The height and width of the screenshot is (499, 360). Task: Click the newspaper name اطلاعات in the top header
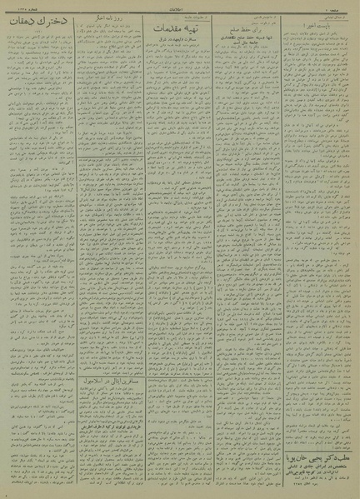180,7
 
